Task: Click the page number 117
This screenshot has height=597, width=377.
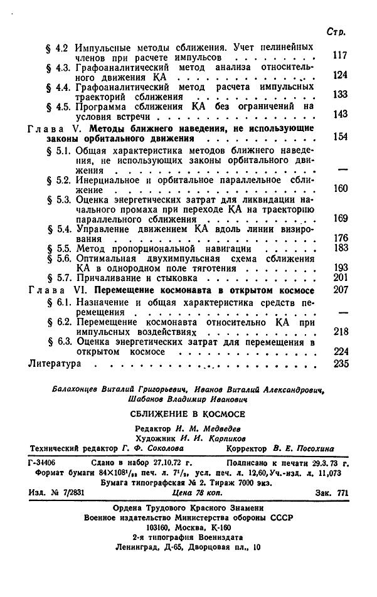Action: [x=339, y=56]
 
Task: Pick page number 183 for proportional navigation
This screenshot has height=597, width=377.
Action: [x=339, y=248]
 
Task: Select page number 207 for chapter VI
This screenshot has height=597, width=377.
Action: [x=339, y=290]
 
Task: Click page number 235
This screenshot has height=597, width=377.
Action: [x=339, y=363]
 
